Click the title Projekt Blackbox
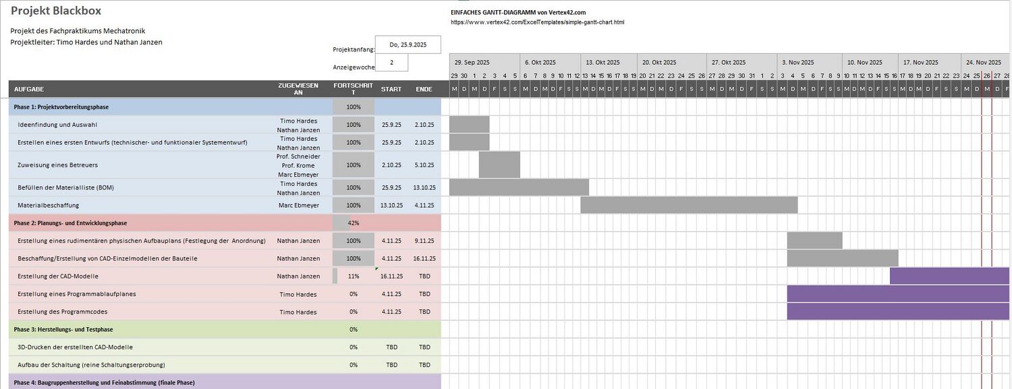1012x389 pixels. point(56,11)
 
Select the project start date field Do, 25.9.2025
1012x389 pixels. point(407,45)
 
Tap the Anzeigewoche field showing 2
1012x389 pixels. point(391,63)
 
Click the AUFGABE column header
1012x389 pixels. point(29,89)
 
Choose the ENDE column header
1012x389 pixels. point(424,89)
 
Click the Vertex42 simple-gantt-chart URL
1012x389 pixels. point(537,22)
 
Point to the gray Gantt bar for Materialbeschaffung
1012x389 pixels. point(689,205)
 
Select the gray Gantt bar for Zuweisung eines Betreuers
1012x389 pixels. point(499,165)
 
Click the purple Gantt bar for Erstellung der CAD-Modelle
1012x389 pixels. point(949,276)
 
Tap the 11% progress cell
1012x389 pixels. point(354,276)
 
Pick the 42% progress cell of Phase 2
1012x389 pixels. point(354,223)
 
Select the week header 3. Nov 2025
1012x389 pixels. point(798,62)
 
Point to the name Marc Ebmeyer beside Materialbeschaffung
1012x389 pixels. point(298,205)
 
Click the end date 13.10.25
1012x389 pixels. point(424,187)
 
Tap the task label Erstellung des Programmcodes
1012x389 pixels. point(63,312)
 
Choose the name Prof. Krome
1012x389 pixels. point(298,165)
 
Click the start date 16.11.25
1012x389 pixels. point(391,276)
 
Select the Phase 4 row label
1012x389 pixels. point(104,383)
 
